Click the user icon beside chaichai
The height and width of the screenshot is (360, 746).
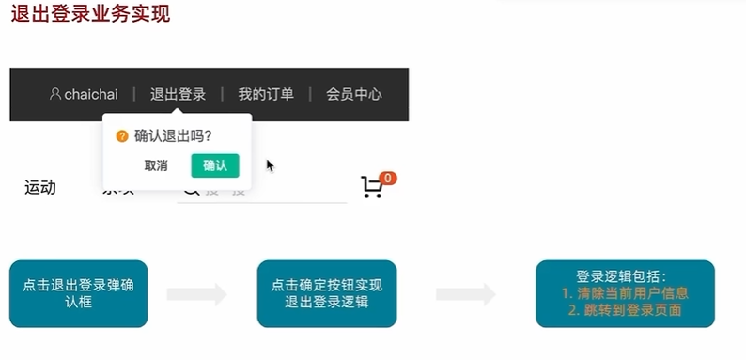(55, 93)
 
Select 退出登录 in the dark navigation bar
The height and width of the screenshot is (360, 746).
(178, 94)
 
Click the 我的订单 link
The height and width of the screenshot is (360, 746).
(266, 94)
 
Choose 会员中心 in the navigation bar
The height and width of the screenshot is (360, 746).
(354, 94)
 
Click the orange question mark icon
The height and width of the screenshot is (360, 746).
(121, 136)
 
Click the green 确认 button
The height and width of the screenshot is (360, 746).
(215, 165)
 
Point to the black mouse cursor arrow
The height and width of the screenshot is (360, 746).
(270, 165)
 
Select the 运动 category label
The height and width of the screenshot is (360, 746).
(40, 187)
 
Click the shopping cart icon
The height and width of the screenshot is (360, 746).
(371, 187)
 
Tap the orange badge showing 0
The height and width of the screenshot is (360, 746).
(389, 178)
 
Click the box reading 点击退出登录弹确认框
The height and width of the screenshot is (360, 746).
(79, 293)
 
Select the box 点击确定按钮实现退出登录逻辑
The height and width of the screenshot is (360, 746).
(326, 293)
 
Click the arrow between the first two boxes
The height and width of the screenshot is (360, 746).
(196, 294)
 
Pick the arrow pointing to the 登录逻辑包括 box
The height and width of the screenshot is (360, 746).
(466, 294)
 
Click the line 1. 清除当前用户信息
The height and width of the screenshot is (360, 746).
(625, 293)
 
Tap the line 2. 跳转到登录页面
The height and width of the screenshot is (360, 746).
(625, 309)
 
